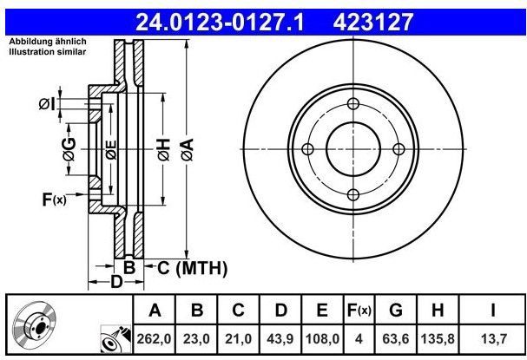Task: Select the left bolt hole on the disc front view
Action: (x=306, y=149)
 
